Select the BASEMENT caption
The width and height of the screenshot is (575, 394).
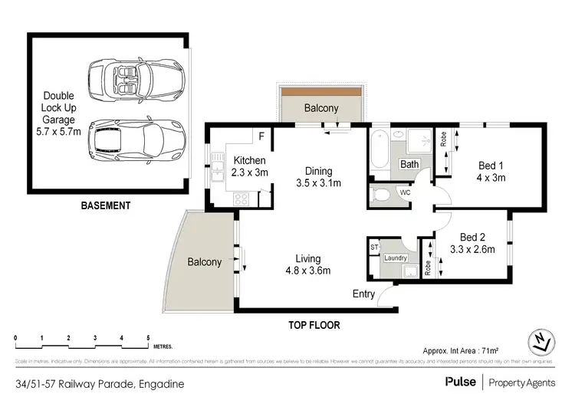[x=107, y=206]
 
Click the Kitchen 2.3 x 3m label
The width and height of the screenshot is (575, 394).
[x=249, y=167]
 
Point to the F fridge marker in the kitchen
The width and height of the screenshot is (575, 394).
[x=261, y=137]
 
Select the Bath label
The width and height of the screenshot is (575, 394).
[x=409, y=164]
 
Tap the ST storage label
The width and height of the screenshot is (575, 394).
[x=375, y=248]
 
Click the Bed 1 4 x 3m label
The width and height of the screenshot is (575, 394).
[x=491, y=171]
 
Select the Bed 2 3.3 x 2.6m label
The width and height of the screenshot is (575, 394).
[x=472, y=242]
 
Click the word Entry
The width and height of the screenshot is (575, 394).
[x=363, y=294]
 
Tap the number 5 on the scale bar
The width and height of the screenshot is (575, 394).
[x=148, y=337]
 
